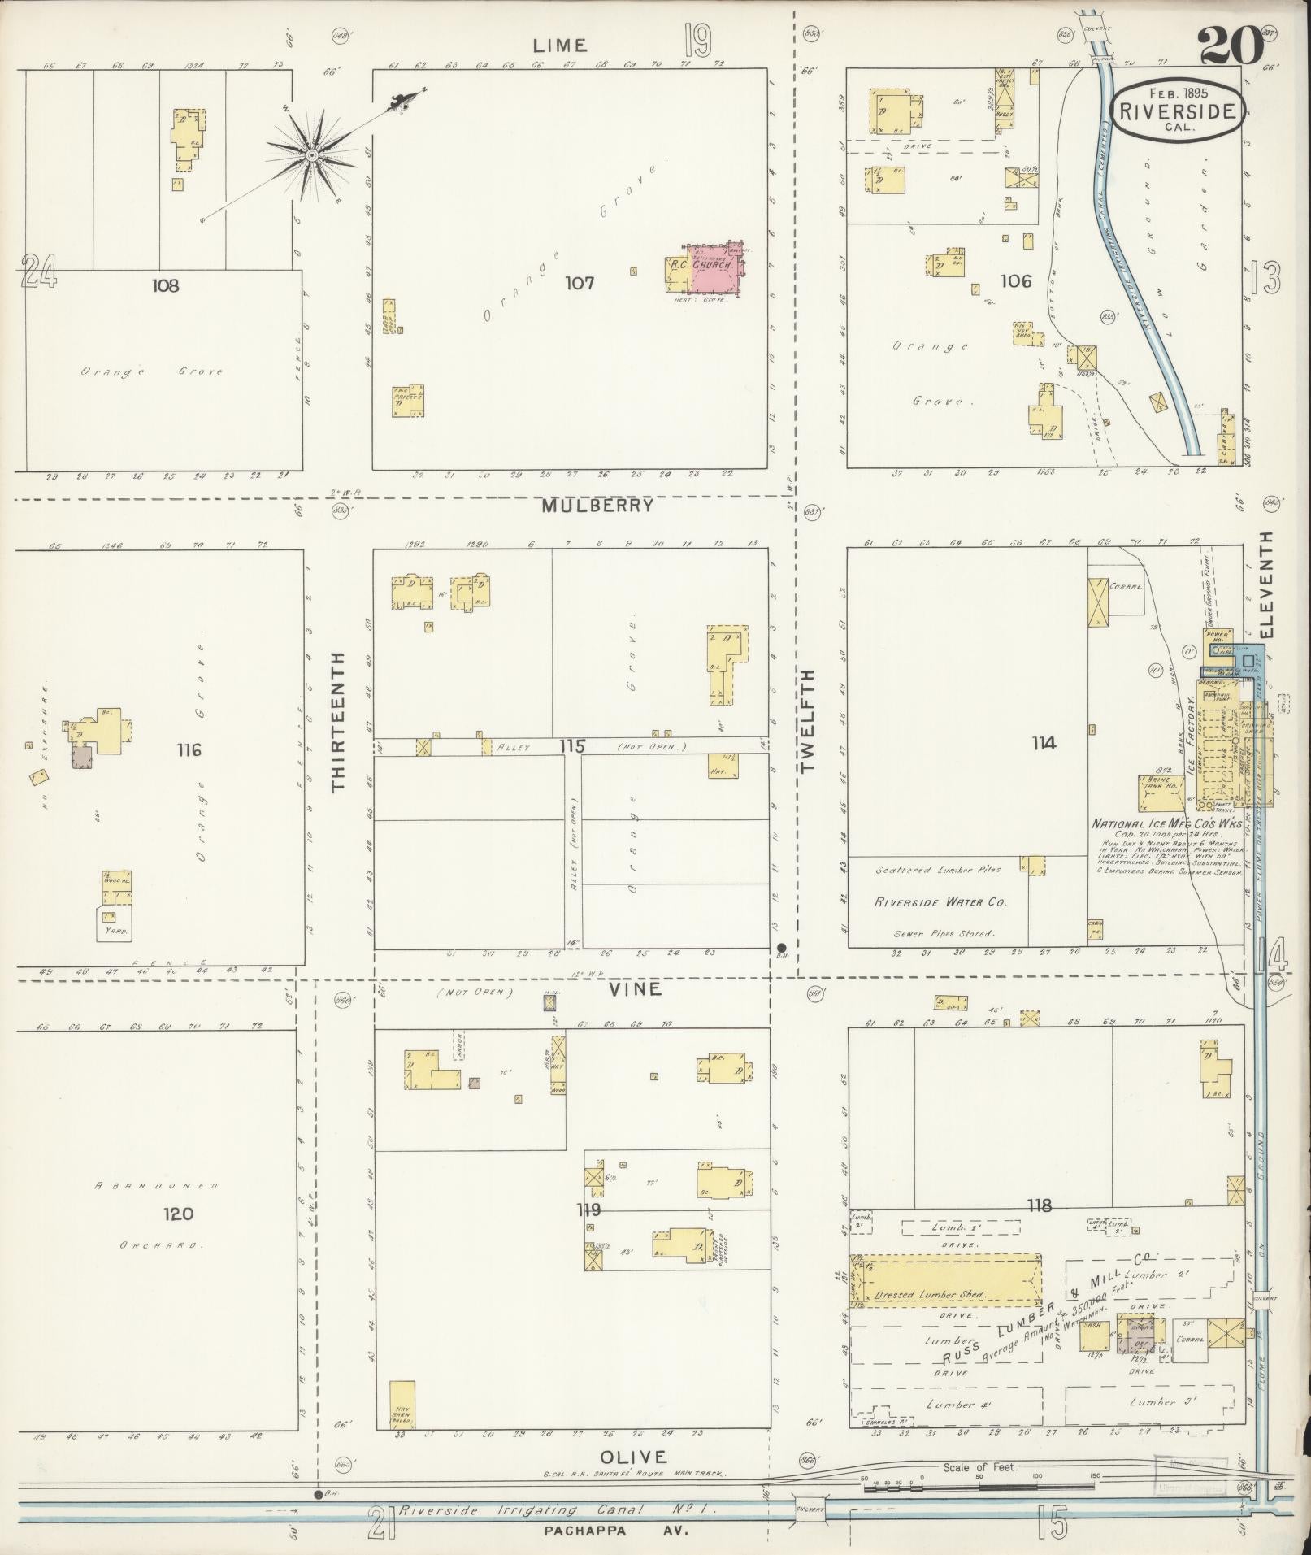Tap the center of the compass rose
pos(311,154)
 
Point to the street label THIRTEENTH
pos(339,721)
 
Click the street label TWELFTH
pos(807,721)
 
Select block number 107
pos(580,283)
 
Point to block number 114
pos(1044,743)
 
